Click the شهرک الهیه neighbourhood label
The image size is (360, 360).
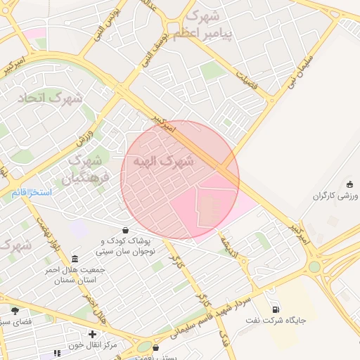(x=167, y=162)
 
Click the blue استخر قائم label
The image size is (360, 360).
(x=32, y=192)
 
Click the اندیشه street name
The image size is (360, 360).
(x=230, y=243)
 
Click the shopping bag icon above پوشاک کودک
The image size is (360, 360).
(x=125, y=229)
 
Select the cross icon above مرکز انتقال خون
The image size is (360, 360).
(x=92, y=334)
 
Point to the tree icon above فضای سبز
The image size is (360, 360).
(x=15, y=311)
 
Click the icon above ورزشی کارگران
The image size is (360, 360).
(x=349, y=184)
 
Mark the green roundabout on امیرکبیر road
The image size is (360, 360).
(x=314, y=266)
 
